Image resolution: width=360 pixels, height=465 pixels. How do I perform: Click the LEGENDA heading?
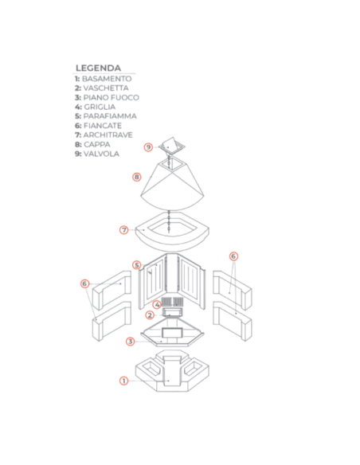(98, 68)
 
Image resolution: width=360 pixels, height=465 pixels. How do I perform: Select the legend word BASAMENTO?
(107, 79)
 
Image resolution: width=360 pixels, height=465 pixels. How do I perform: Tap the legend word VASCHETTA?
(106, 88)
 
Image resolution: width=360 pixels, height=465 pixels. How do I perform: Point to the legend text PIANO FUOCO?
(112, 98)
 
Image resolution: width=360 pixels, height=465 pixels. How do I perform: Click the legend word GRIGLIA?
(100, 107)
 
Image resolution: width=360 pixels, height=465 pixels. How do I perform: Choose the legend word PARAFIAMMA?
(110, 116)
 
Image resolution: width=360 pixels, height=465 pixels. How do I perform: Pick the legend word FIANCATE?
(103, 126)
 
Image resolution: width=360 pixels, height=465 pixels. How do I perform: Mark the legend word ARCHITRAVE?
(108, 135)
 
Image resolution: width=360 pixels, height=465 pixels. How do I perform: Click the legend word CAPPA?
(97, 144)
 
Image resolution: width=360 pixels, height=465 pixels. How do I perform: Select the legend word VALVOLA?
(101, 154)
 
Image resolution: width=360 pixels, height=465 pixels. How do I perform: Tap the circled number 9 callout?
(148, 147)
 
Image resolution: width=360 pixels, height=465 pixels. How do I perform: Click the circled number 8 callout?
(136, 177)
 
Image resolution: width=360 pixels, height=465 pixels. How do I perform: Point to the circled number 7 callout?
(124, 230)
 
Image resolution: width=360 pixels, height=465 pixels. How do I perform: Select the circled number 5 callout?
(136, 265)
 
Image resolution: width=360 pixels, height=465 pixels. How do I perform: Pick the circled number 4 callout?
(157, 305)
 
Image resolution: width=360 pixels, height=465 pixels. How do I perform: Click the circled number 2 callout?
(150, 315)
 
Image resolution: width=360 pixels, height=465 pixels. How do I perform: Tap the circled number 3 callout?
(130, 342)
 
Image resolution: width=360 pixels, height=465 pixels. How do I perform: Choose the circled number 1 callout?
(123, 381)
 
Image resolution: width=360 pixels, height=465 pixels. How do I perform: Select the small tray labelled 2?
(172, 312)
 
